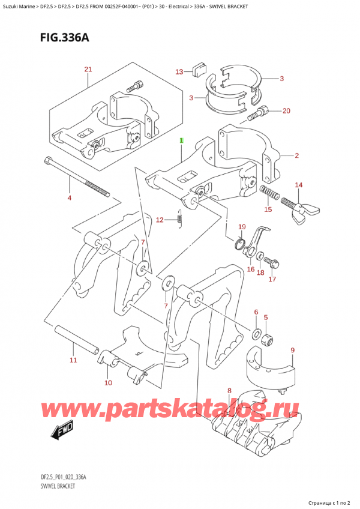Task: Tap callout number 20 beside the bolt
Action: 286,110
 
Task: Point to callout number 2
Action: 296,156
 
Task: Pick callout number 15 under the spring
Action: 268,209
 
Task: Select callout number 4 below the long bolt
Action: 69,197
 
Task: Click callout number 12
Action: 160,220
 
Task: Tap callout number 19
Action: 242,227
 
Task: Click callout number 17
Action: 272,279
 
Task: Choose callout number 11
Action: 73,360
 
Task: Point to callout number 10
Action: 108,382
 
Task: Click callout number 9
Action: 292,350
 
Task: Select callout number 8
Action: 229,391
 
